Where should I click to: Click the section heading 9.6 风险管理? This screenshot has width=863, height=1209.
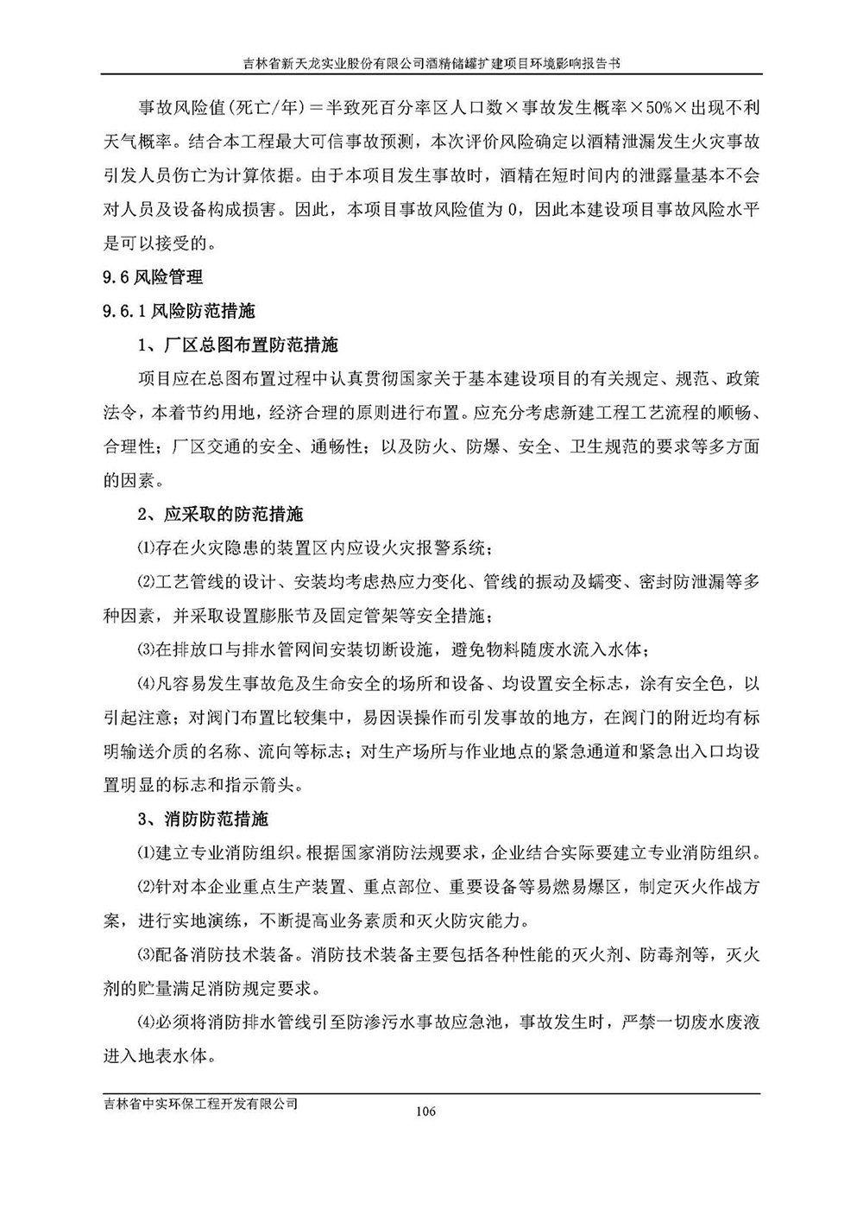click(x=153, y=277)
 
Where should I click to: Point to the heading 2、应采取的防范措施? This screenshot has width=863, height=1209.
click(x=221, y=514)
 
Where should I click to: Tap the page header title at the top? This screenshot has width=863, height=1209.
click(x=431, y=63)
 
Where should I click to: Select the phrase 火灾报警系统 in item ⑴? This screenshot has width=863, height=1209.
click(x=444, y=548)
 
